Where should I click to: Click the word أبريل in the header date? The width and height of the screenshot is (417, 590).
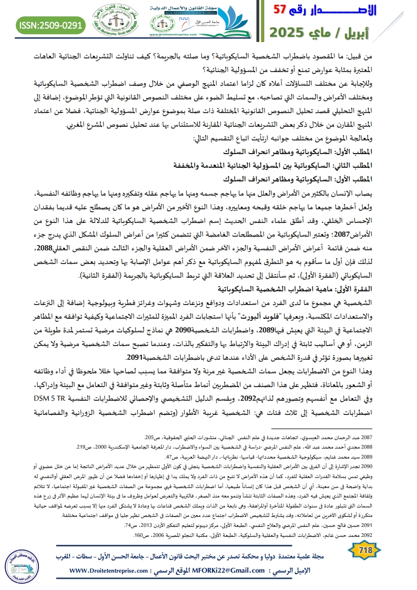pos(384,33)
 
